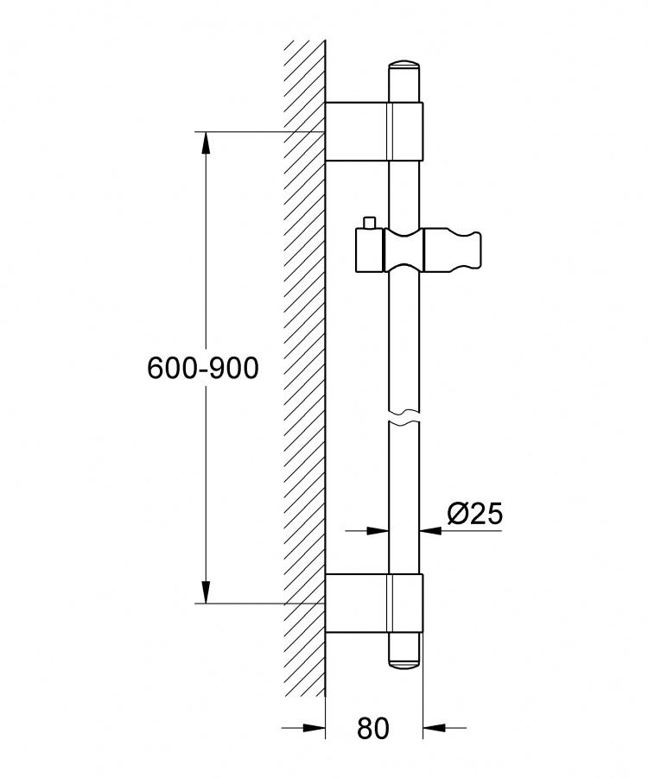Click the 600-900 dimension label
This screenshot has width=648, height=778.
pos(203,369)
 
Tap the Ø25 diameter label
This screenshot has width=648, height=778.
pos(475,514)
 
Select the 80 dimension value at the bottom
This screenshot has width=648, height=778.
pos(373,729)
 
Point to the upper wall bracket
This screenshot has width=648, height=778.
pos(374,131)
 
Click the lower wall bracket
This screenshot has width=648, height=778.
pos(374,604)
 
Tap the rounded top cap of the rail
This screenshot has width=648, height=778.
pos(404,68)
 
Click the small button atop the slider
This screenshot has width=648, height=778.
pos(369,223)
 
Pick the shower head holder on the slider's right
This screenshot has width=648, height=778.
pos(453,250)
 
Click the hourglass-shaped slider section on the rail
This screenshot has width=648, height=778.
pos(404,250)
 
